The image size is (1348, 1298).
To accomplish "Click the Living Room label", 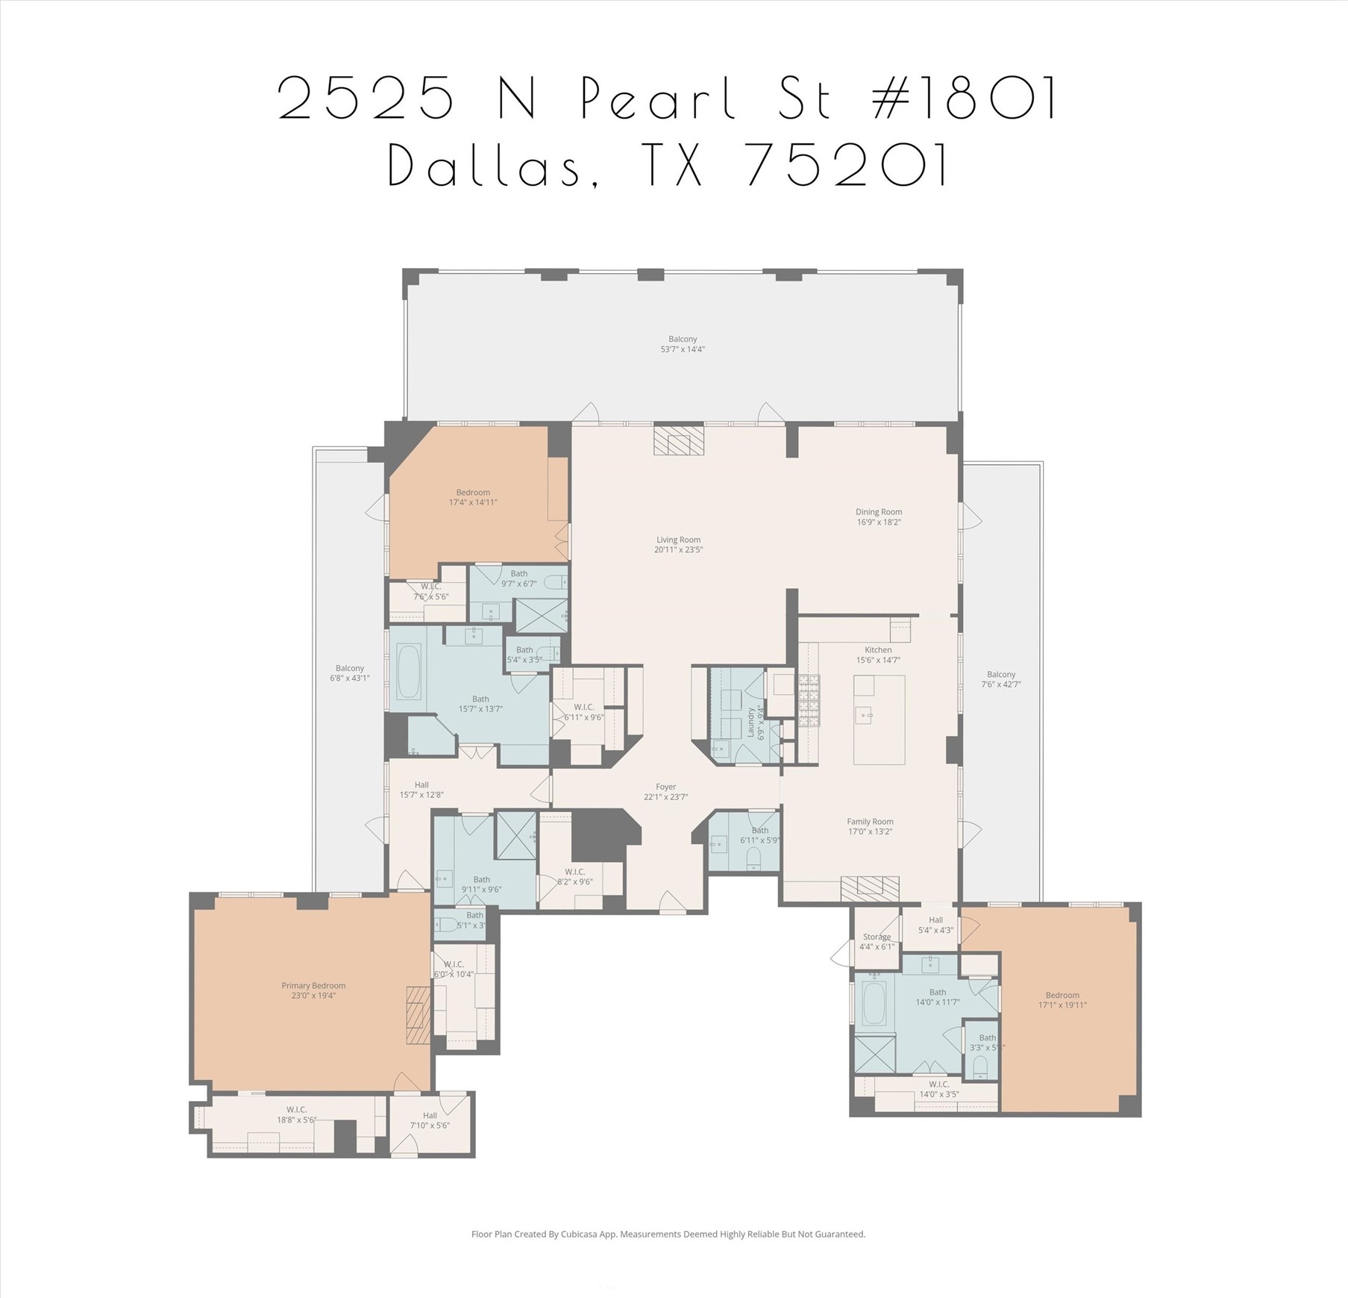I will click(678, 540).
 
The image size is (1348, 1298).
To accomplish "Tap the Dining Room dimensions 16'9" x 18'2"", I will click(878, 522).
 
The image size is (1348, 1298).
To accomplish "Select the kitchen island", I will click(879, 720).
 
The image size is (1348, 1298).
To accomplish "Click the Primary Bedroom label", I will click(313, 985).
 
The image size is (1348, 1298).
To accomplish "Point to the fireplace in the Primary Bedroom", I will click(418, 1014).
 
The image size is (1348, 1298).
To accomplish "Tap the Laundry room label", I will click(751, 723).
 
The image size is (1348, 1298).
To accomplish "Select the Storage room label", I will click(877, 937).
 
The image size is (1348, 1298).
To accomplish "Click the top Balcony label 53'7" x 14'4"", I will click(682, 344).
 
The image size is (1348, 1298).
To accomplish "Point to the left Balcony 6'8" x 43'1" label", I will click(349, 673).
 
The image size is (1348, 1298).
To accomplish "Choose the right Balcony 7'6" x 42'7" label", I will click(1000, 678).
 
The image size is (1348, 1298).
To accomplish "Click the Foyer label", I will click(665, 787).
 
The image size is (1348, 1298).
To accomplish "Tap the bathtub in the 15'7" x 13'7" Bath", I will click(408, 672).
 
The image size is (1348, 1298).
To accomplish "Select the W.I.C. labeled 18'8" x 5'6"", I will click(297, 1115).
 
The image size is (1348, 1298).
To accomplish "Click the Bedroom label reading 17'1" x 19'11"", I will click(1062, 999).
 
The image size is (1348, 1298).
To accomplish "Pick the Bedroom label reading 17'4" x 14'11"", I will click(473, 497).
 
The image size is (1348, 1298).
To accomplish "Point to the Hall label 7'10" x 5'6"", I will click(430, 1120).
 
